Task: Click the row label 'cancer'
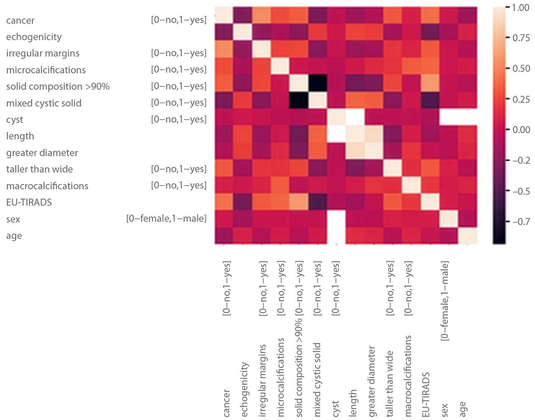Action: [20, 20]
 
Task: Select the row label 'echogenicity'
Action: [34, 37]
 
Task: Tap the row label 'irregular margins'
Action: [43, 53]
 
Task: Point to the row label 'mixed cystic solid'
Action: [44, 103]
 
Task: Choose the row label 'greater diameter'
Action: [42, 153]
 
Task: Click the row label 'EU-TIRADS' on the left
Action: [29, 203]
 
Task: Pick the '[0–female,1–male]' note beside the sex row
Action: [166, 219]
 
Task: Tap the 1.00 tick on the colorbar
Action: [520, 8]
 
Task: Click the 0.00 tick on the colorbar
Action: [520, 130]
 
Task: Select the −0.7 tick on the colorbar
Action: [520, 221]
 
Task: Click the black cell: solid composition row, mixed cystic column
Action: [318, 86]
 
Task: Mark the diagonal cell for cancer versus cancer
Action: [224, 16]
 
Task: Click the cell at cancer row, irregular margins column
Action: [262, 16]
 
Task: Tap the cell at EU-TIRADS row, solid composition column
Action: [299, 202]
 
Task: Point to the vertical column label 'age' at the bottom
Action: [463, 409]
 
